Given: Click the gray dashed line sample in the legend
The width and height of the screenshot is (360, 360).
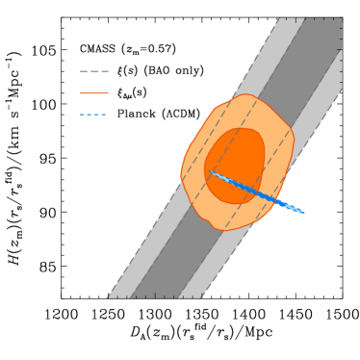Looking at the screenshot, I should coord(94,71).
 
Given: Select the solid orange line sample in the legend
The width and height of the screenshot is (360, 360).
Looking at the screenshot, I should coord(94,93).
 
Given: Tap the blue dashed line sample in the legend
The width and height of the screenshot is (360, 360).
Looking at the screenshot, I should coord(93,115).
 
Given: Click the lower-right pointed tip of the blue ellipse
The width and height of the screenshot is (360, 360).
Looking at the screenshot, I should coord(304,212).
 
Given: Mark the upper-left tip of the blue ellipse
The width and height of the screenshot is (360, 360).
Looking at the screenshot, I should coord(211,172).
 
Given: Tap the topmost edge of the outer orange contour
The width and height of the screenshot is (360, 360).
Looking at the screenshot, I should coord(248,94).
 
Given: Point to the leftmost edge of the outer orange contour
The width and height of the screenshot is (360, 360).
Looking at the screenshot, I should coord(181,173).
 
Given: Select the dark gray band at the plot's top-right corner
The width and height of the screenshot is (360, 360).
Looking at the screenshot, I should coord(327,29).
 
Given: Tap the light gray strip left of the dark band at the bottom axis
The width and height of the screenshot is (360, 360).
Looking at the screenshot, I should coord(119,295).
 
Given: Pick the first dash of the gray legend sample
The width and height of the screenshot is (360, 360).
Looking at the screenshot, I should coord(84,71).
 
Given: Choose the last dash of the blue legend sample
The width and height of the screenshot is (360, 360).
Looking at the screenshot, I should coord(102,115).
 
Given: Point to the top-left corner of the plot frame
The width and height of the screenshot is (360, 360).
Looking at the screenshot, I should coord(62,16).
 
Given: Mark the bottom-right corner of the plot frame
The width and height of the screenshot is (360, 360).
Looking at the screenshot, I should coord(342,297).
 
